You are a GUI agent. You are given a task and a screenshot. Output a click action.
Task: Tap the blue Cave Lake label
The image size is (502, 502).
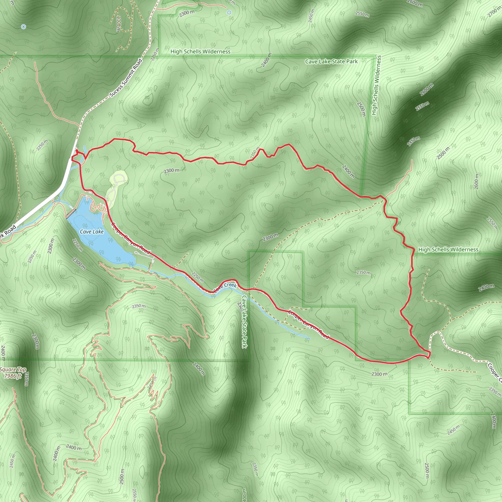pyautogui.click(x=91, y=231)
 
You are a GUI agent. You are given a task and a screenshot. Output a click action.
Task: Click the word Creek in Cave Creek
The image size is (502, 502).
pyautogui.click(x=230, y=285)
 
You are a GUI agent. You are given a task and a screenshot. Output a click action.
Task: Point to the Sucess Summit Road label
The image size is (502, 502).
pyautogui.click(x=126, y=78)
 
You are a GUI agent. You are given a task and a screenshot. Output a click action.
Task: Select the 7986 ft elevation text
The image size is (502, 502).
pyautogui.click(x=13, y=376)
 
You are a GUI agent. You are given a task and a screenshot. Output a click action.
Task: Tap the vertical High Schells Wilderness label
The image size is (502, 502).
pyautogui.click(x=376, y=85)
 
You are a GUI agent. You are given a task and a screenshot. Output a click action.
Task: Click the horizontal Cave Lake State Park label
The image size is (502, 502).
pyautogui.click(x=331, y=62)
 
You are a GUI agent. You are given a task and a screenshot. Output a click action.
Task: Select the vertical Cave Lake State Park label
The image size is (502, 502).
pyautogui.click(x=244, y=321)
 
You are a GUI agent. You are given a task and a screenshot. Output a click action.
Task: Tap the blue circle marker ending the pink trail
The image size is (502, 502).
pyautogui.click(x=229, y=13)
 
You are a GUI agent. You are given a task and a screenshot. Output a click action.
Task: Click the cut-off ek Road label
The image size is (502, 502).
pyautogui.click(x=8, y=231)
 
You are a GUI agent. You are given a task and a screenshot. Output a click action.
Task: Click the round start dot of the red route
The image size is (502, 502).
pyautogui.click(x=77, y=151)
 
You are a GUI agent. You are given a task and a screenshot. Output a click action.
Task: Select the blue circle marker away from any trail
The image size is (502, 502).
pyautogui.click(x=24, y=27)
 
